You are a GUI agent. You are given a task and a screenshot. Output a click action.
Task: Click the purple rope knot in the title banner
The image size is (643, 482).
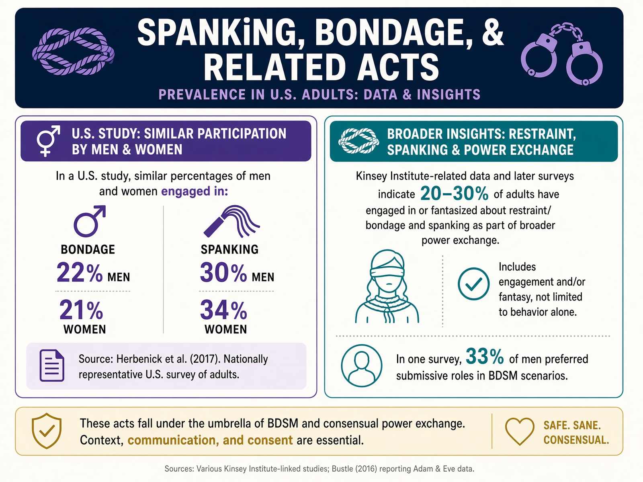point(73,51)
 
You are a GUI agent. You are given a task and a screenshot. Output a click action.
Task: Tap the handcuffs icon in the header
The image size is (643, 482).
point(561,54)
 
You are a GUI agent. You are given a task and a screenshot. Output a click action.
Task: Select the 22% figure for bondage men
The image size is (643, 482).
point(80,272)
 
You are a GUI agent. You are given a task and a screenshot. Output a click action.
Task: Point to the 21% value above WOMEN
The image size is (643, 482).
point(81,310)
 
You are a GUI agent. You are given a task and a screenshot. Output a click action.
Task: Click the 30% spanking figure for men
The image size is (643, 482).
point(223,272)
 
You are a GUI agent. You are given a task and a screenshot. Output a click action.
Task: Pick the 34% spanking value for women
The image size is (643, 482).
point(223,310)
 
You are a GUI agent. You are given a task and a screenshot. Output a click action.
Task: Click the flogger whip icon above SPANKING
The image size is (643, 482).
point(231,221)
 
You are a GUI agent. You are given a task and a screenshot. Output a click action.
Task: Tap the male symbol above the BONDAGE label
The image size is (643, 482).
point(90,221)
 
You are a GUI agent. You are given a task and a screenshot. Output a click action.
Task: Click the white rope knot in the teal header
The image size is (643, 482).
point(358,141)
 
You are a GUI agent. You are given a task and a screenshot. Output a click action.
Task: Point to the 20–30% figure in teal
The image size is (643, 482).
point(455,194)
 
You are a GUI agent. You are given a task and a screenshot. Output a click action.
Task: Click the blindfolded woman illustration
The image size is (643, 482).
point(387,286)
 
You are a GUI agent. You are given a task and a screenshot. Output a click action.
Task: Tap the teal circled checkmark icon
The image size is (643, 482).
point(473,284)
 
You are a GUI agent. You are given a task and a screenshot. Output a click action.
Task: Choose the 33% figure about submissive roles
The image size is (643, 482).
point(485,356)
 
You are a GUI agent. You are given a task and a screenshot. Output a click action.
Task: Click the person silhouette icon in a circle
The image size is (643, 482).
point(361,366)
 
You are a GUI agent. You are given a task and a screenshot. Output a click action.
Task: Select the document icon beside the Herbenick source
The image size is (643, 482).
point(52,366)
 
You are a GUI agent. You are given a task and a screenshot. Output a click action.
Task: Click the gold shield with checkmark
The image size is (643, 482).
point(47,431)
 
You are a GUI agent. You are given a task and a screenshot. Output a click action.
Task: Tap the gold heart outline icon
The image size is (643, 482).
point(520,431)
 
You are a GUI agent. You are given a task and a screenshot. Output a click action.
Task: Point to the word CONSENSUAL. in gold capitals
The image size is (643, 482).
point(576,440)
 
